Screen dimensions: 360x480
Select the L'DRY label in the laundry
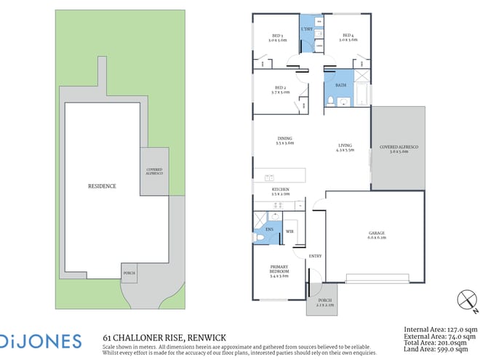click(307, 29)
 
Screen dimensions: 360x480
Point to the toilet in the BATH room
click(329, 100)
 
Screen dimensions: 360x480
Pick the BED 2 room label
click(279, 89)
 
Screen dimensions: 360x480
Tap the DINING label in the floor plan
click(284, 141)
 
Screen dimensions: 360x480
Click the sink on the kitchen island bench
click(270, 177)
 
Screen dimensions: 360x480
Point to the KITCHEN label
click(280, 191)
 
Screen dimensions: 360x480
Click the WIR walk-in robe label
click(289, 231)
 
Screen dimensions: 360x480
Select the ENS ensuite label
click(268, 229)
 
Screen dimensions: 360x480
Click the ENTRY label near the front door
click(315, 255)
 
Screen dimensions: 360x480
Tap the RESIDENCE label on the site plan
click(102, 186)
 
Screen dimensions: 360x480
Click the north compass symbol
click(464, 300)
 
